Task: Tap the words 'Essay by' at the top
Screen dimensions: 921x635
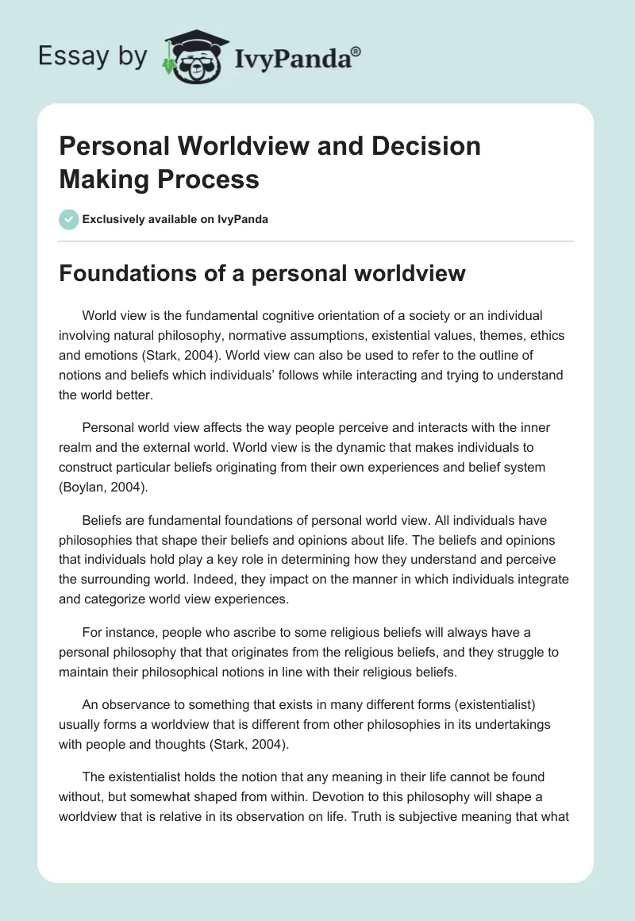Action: coord(93,56)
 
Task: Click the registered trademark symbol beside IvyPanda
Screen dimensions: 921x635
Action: coord(356,51)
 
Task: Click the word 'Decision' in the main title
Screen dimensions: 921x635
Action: coord(430,146)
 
